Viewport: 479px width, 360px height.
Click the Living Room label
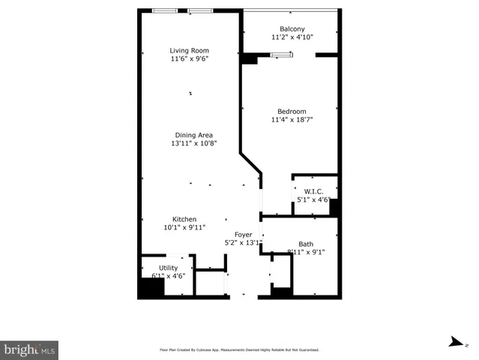point(189,50)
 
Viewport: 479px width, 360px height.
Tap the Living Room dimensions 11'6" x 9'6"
point(189,58)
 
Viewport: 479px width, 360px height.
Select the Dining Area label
point(193,135)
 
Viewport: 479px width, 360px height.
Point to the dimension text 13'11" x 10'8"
point(193,143)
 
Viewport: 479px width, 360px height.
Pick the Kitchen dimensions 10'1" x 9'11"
point(184,227)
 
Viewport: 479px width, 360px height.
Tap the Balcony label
point(292,28)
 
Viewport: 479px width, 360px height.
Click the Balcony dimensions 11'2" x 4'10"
point(292,37)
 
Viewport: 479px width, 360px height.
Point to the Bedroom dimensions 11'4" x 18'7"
point(292,119)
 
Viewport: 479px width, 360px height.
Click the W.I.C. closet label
point(313,190)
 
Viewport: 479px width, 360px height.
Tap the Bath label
point(306,244)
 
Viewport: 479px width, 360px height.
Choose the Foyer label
point(244,234)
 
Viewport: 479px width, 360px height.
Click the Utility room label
point(169,268)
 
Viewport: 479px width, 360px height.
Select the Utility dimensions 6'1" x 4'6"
point(169,276)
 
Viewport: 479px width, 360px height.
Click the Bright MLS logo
point(29,350)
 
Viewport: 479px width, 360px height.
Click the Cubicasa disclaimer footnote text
point(239,349)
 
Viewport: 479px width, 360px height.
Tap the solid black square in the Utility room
point(151,289)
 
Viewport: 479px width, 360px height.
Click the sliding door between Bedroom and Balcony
point(281,54)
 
